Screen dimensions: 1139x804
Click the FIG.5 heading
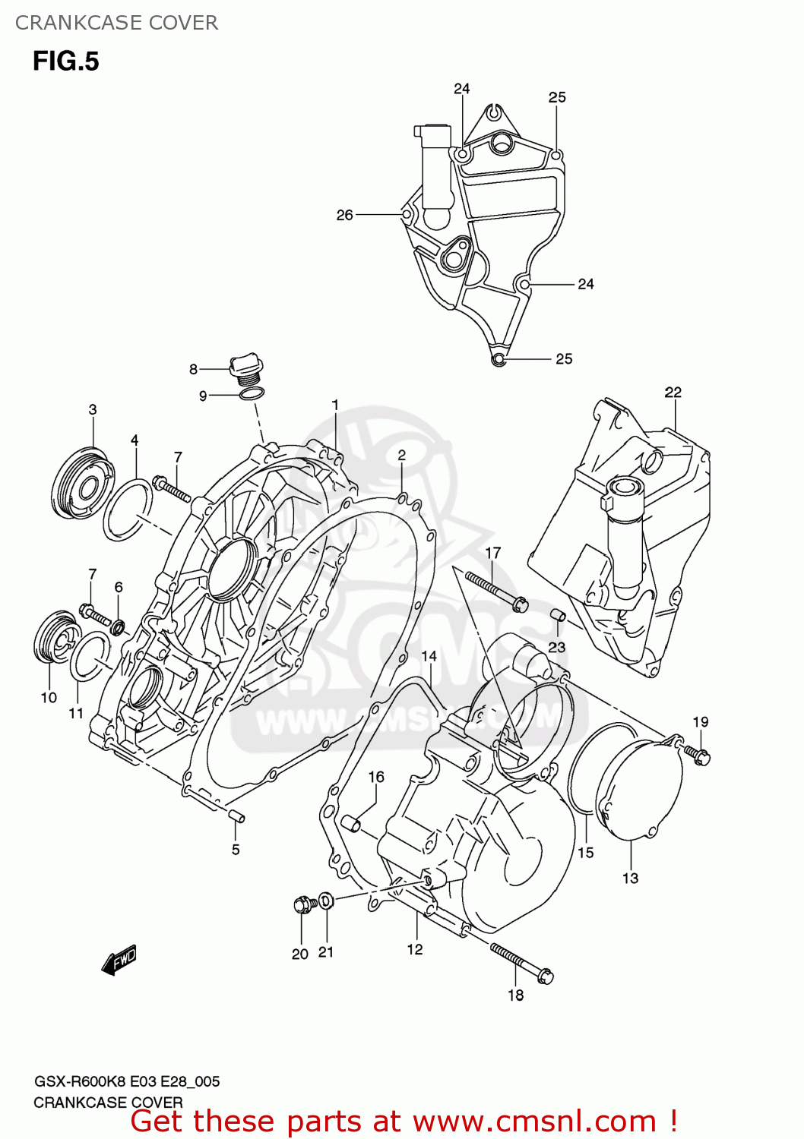coord(65,62)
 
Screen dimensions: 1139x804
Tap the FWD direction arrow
coord(119,960)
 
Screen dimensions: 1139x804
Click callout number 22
coord(673,392)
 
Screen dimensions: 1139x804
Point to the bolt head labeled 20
coord(303,904)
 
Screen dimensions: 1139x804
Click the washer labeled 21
coord(325,901)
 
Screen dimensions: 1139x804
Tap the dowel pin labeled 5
coord(236,816)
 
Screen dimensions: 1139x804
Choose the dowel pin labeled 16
coord(350,822)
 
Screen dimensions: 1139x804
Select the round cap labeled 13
coord(638,790)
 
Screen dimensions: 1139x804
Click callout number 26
coord(344,215)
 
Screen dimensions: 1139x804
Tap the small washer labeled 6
coord(118,627)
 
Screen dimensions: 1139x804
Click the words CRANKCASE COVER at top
coord(116,23)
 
